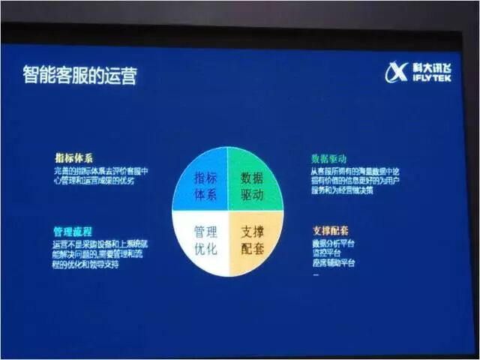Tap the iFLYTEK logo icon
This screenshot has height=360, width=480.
[396, 72]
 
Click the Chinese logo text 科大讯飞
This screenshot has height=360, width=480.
[431, 67]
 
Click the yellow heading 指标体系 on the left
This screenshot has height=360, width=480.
[73, 158]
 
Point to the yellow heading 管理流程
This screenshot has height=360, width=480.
[73, 232]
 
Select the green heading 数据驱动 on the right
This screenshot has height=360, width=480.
[328, 159]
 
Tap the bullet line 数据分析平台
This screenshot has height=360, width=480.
[333, 244]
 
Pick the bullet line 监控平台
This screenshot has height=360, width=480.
[326, 253]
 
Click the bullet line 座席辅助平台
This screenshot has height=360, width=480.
[333, 263]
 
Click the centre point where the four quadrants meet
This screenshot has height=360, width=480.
[227, 211]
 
